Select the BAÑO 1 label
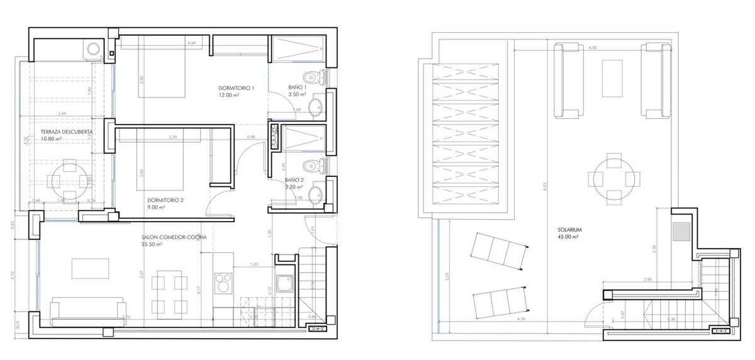pyautogui.click(x=297, y=87)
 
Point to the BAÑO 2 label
pyautogui.click(x=294, y=179)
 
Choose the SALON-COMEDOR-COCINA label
pyautogui.click(x=174, y=237)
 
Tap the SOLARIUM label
pyautogui.click(x=569, y=230)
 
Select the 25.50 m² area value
pyautogui.click(x=153, y=245)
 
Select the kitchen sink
pyautogui.click(x=284, y=285)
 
